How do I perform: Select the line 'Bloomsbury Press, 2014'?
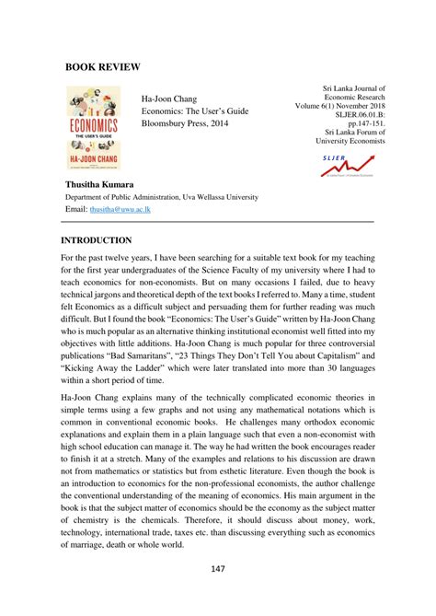pos(194,122)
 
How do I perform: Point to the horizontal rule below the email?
pos(217,221)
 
